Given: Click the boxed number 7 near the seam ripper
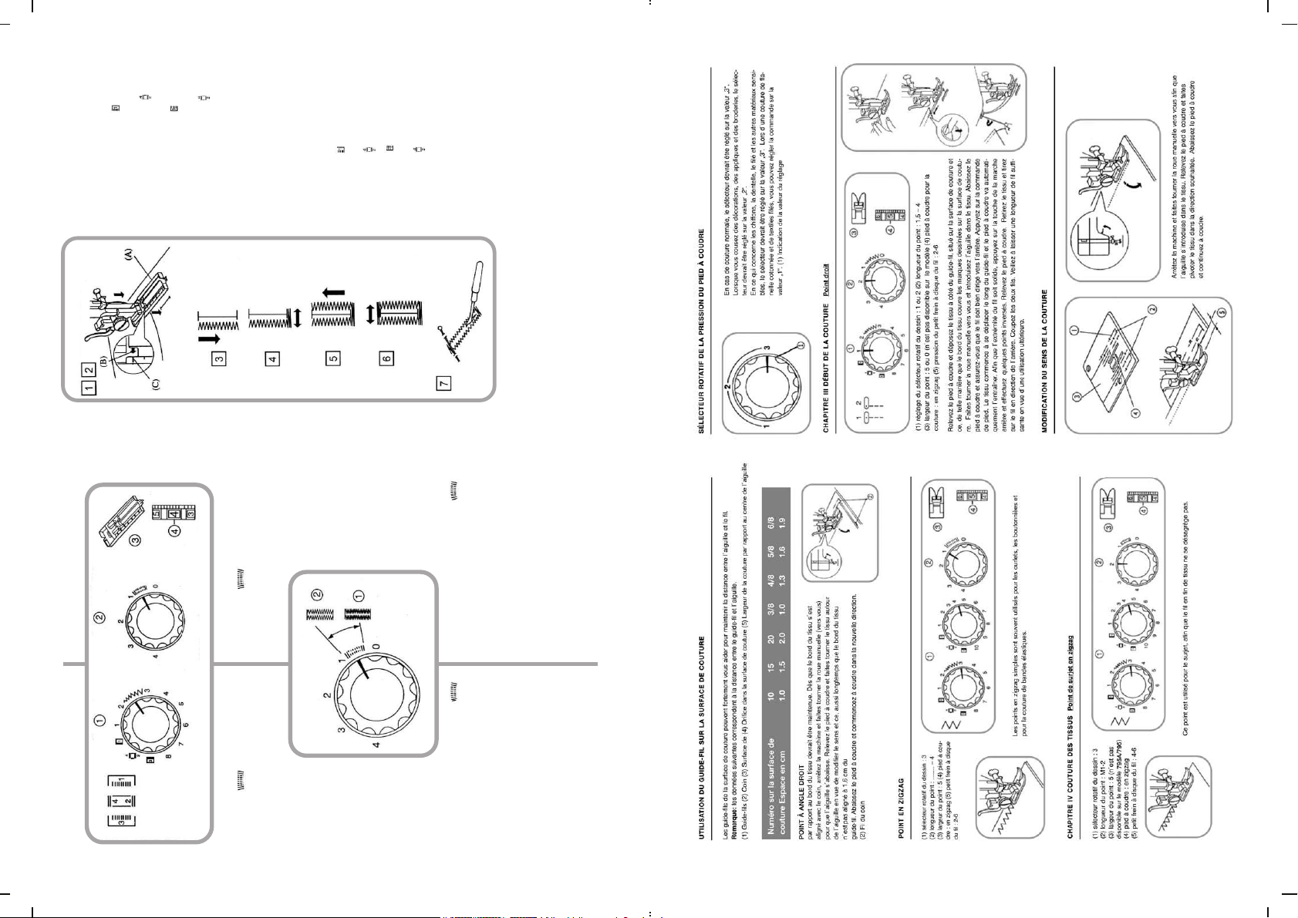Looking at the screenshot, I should (x=444, y=382).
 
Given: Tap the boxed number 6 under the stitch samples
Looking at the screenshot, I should (x=387, y=357).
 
